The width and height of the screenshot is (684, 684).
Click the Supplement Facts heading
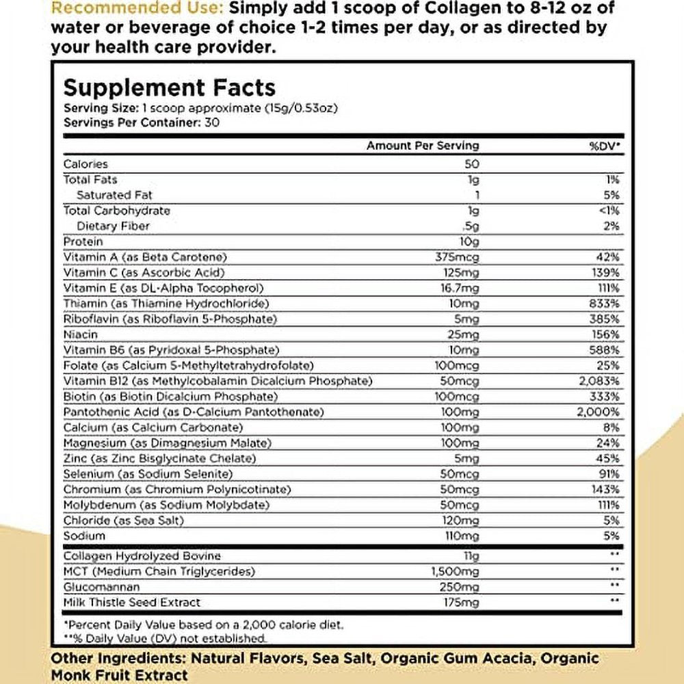tap(169, 87)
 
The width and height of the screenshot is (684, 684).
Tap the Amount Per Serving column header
tap(423, 146)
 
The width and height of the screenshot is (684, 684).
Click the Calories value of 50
tap(471, 164)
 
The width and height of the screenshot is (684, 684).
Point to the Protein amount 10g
tap(470, 241)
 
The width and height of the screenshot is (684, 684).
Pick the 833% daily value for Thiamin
tap(607, 303)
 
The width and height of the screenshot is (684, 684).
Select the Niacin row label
tap(80, 334)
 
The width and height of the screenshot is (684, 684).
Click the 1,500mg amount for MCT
tap(458, 572)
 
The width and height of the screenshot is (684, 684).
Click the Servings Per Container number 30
tap(216, 122)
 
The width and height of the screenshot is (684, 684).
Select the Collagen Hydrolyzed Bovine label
tap(142, 556)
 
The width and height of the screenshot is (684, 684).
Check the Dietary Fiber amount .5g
tap(470, 226)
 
